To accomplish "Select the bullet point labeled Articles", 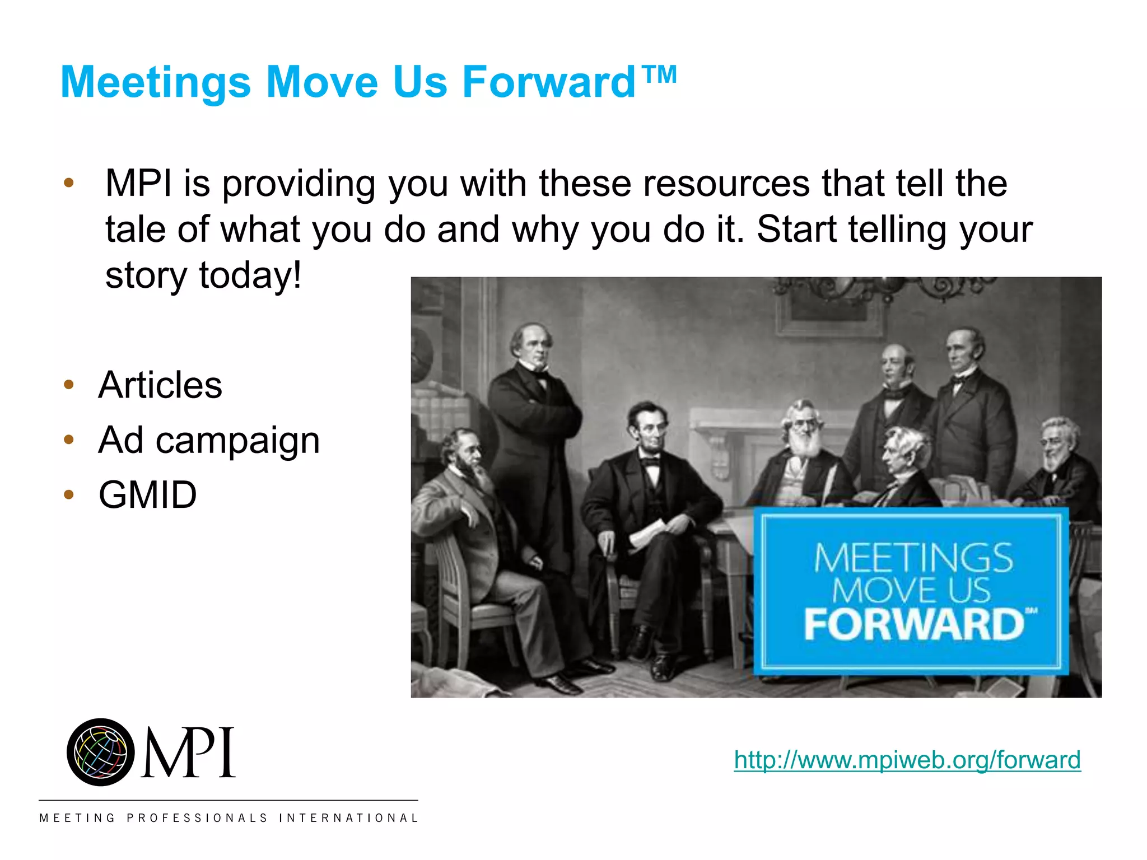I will point(160,385).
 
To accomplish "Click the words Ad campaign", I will point(209,440).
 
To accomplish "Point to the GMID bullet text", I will point(148,495).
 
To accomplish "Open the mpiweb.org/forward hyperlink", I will point(907,760).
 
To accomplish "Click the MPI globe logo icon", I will point(101,752).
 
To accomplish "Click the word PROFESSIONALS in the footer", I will point(197,818).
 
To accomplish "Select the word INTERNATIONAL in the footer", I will point(348,818).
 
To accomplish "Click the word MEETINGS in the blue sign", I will point(913,558).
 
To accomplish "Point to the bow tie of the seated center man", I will point(650,462).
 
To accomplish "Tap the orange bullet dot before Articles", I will point(69,385).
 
